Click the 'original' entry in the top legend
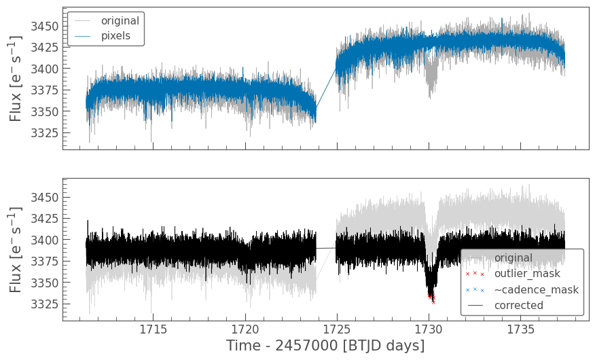(120, 20)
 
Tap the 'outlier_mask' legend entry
(526, 274)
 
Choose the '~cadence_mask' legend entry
(536, 290)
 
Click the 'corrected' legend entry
(518, 306)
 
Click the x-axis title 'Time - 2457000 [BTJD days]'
(325, 346)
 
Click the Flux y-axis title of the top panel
(16, 78)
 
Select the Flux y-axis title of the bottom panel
(16, 249)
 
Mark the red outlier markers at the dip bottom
(431, 298)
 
